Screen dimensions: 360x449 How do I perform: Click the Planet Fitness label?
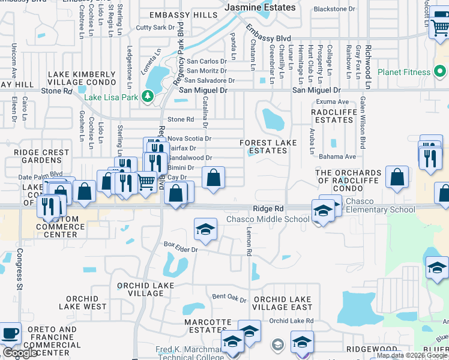[405, 73]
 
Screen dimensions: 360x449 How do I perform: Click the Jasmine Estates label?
[260, 8]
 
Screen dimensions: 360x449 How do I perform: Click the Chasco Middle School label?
[268, 219]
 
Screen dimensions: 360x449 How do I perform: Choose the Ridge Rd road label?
[268, 208]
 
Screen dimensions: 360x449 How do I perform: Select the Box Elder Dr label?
[181, 244]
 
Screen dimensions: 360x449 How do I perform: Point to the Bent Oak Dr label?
[229, 297]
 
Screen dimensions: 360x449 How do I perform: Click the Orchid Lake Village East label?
[283, 303]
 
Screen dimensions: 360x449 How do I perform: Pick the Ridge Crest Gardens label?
[42, 156]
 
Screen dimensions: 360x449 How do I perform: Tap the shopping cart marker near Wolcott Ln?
[440, 27]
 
